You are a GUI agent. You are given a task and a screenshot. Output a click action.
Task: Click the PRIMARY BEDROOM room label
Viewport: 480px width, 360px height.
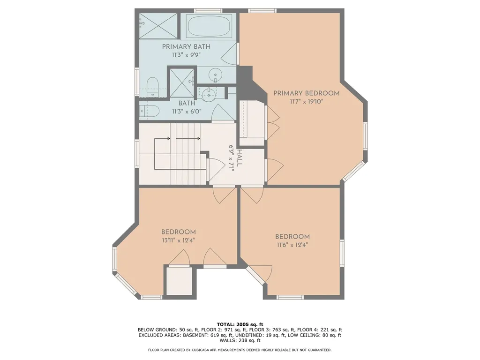coord(307,93)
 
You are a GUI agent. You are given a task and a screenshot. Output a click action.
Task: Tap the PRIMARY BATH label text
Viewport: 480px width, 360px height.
coord(186,47)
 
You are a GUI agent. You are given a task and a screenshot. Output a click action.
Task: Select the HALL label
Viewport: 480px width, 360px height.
coord(240,158)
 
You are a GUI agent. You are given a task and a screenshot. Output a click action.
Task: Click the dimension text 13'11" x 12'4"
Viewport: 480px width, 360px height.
coord(179,240)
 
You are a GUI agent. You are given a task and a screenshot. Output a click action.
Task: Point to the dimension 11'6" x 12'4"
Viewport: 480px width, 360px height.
coord(292,245)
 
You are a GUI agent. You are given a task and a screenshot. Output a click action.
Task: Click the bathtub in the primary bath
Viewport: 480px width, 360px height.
coord(208,26)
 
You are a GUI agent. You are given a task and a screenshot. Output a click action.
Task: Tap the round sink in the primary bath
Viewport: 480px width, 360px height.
coord(216,75)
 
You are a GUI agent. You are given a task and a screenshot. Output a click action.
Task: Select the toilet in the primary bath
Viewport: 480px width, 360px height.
coord(152,87)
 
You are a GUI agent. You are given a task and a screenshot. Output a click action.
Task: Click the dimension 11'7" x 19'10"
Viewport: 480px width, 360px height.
coord(307,102)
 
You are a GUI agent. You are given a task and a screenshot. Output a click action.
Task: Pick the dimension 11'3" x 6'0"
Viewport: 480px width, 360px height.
coord(187,112)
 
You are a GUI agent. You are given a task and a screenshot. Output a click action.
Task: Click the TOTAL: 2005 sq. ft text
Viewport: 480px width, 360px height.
coord(240,324)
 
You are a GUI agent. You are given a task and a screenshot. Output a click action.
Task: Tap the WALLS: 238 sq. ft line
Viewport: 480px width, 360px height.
coord(240,340)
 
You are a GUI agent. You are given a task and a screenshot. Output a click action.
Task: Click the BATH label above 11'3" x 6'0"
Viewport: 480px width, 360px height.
coord(187,103)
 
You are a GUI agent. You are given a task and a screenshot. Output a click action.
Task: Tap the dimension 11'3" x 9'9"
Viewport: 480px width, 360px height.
coord(186,55)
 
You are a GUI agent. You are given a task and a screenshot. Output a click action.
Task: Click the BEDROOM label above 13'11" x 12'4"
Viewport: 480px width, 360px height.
coord(179,232)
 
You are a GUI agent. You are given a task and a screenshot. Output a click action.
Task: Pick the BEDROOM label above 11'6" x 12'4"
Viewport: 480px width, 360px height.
coord(292,236)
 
